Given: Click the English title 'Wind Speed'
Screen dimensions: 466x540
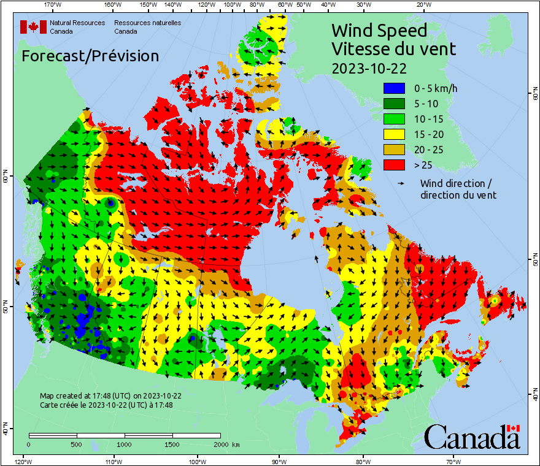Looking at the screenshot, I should [x=379, y=30].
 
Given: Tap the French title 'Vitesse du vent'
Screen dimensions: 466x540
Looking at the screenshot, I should [x=393, y=48].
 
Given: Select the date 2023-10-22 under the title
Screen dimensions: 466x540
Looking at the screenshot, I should [x=369, y=67].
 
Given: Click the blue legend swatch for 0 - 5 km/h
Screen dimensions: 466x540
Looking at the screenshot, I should [x=393, y=88].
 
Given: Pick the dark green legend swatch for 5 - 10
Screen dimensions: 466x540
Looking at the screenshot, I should [x=393, y=104].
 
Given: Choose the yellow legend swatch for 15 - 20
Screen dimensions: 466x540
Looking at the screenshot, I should [x=393, y=134].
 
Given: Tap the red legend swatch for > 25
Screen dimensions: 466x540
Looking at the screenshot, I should [x=393, y=165].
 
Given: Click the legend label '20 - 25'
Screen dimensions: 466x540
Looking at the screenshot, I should [x=428, y=150].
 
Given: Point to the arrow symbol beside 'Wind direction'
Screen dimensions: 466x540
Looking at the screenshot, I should [x=402, y=183].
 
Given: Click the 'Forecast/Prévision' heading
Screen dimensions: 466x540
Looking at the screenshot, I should [x=90, y=56].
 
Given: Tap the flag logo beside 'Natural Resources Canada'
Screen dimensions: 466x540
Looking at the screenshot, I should [x=33, y=27].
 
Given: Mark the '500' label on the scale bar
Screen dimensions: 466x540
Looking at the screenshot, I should [x=77, y=444].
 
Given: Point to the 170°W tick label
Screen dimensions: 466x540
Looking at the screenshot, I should [x=53, y=6].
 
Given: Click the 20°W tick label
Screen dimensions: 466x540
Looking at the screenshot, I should [x=422, y=6].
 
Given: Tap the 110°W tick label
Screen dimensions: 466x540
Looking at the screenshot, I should [x=112, y=460].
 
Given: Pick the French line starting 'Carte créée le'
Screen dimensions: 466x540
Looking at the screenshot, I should [x=106, y=405].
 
